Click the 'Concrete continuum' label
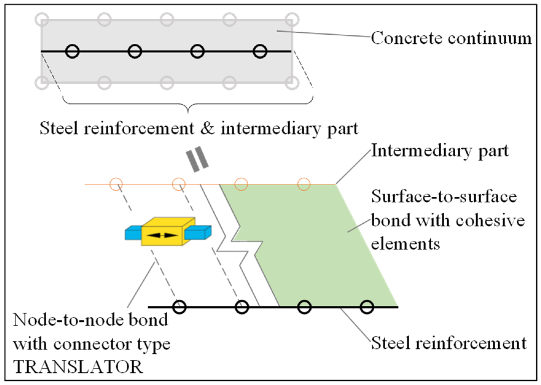(451, 39)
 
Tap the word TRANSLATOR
(78, 367)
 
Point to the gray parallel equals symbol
(197, 159)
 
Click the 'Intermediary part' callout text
(440, 151)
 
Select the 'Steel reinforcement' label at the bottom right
(449, 343)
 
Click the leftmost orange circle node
(116, 184)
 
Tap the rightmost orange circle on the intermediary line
(304, 184)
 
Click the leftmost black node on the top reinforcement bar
(72, 51)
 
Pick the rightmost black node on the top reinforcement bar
(260, 51)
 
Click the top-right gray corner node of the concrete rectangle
(292, 20)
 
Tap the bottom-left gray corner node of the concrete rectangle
(42, 83)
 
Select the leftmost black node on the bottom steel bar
(179, 307)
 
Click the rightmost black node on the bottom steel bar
(367, 307)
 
